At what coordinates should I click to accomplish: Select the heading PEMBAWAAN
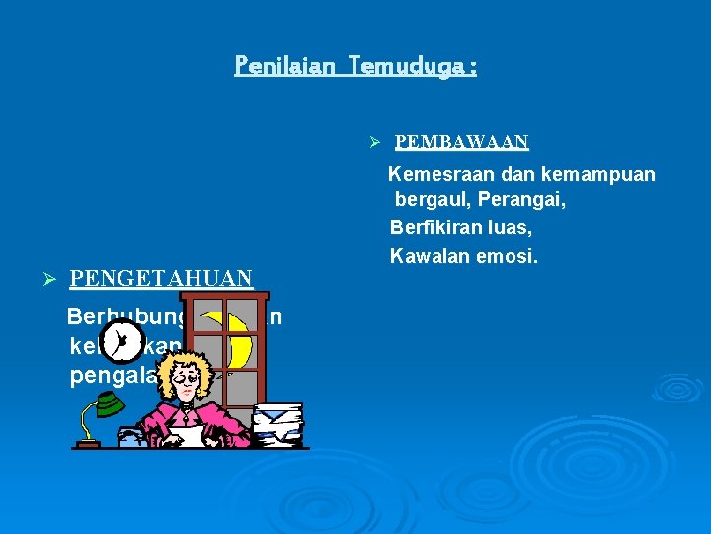coord(462,142)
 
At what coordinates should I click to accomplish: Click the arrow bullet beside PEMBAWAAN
coord(375,143)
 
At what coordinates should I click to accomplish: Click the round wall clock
coord(120,343)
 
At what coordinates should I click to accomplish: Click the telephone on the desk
coord(132,438)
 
